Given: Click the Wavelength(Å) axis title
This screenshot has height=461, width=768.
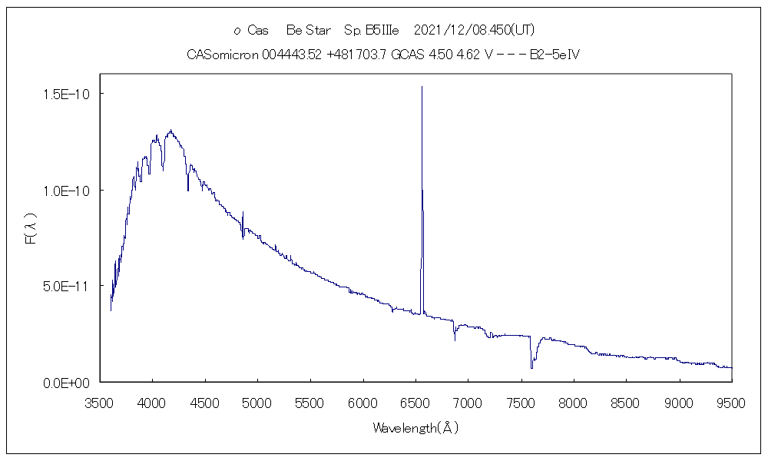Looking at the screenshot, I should pyautogui.click(x=415, y=428).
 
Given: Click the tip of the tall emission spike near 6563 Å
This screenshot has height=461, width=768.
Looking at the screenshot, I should pyautogui.click(x=422, y=87).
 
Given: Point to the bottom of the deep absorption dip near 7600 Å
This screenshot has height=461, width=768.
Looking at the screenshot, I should pyautogui.click(x=531, y=368).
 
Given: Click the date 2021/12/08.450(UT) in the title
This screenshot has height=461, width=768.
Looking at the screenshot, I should pyautogui.click(x=474, y=30).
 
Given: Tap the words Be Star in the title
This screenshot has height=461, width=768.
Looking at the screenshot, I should pyautogui.click(x=308, y=30).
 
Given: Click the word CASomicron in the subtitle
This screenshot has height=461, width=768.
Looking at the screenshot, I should pyautogui.click(x=223, y=55).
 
